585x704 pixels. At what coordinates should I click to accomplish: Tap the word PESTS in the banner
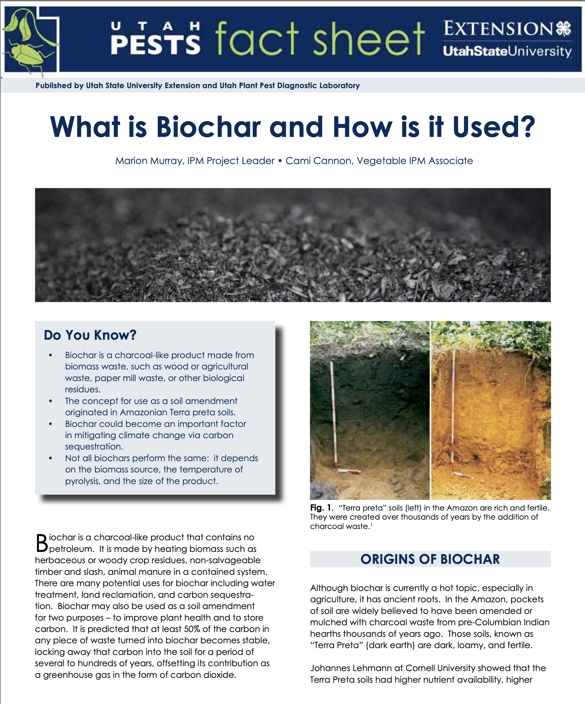[x=155, y=45]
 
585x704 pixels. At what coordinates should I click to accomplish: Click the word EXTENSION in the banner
[x=498, y=29]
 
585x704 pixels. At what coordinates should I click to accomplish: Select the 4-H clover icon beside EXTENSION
[x=564, y=29]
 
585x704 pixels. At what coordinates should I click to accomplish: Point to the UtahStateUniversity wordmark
[x=507, y=52]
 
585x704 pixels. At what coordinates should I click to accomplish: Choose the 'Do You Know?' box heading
[x=90, y=335]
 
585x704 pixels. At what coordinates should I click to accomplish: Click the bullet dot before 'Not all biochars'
[x=51, y=458]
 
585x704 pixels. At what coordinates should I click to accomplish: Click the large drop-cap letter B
[x=42, y=543]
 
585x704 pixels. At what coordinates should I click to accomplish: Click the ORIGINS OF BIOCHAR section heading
[x=430, y=559]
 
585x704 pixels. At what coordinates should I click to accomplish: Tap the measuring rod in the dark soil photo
[x=334, y=416]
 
